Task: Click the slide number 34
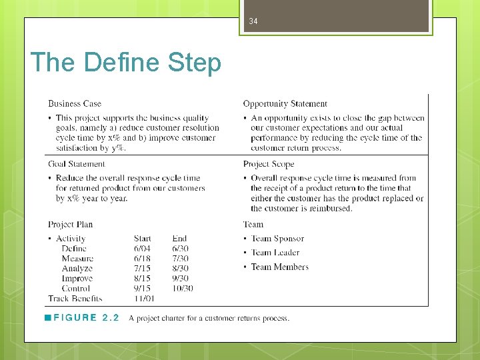253,21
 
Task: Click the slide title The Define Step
125,63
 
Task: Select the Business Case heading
75,103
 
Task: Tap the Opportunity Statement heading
285,103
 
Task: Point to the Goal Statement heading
77,164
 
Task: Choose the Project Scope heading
268,164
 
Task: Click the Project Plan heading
71,225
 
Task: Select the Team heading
253,225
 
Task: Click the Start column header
142,239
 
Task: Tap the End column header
179,239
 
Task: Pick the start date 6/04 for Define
142,249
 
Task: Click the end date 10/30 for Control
182,289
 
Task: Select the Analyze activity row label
77,269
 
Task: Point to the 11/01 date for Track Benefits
144,299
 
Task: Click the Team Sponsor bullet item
277,239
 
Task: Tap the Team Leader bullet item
275,253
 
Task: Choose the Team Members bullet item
279,267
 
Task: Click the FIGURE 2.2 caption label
85,318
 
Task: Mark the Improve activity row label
77,279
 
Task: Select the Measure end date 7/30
180,259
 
